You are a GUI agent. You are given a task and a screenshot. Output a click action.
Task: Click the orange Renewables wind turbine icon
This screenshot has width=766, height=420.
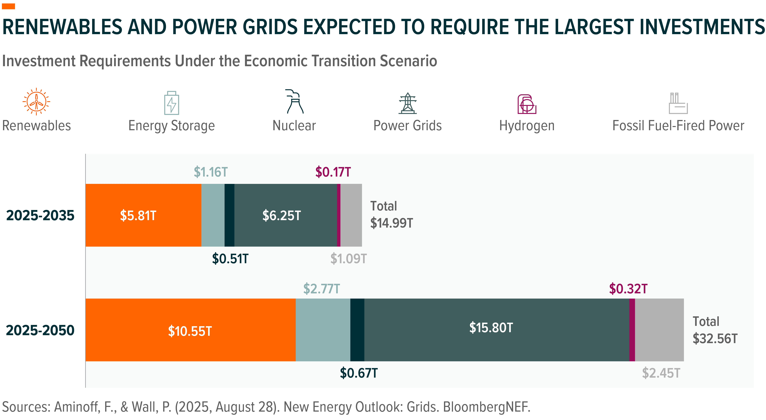tap(36, 101)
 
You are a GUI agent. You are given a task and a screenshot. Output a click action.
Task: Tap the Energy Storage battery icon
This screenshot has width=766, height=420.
tap(172, 103)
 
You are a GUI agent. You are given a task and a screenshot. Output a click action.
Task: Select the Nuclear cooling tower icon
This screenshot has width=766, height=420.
tap(295, 101)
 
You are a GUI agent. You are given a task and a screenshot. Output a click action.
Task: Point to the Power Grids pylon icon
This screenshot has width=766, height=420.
tap(408, 104)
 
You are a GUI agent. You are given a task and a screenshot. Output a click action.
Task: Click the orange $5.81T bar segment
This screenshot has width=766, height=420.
tap(143, 215)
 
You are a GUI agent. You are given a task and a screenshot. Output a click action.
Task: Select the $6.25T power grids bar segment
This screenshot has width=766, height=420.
tap(286, 215)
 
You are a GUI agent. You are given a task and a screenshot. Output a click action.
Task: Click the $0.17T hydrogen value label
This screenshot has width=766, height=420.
tap(333, 172)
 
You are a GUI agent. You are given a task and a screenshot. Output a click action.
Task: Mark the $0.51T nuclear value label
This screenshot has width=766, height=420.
tap(230, 259)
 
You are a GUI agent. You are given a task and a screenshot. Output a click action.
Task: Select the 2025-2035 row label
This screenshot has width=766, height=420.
tap(40, 215)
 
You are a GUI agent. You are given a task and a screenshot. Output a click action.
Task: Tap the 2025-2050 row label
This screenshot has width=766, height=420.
tap(40, 330)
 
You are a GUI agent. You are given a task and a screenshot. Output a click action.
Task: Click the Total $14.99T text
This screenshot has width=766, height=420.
tap(391, 214)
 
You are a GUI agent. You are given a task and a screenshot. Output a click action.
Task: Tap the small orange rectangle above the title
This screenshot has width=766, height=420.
tap(8, 6)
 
